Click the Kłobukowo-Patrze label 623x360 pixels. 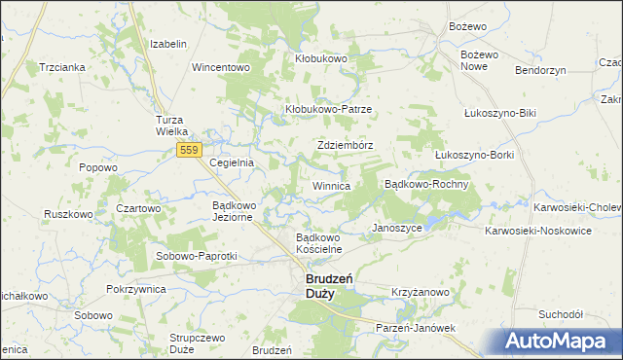click(x=328, y=109)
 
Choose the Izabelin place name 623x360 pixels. click(x=167, y=45)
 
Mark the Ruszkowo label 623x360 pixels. click(x=68, y=213)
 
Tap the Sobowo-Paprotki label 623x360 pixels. click(x=197, y=256)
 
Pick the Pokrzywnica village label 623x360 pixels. click(x=136, y=290)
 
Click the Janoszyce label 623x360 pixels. click(x=396, y=228)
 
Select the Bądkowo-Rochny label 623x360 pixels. click(x=427, y=184)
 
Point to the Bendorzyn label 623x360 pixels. click(x=540, y=72)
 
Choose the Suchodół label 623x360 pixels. click(x=561, y=314)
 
